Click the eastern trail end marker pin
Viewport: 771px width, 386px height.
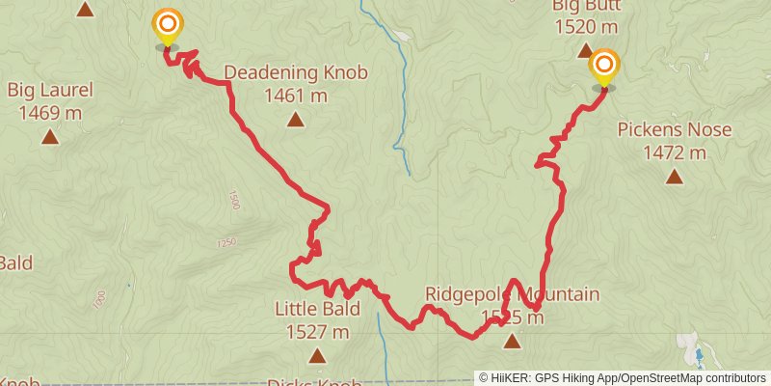tap(604, 68)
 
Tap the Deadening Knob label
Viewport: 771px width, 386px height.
tap(296, 72)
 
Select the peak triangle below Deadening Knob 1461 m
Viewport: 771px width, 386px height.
tap(295, 120)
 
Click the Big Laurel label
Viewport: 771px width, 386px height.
tap(50, 92)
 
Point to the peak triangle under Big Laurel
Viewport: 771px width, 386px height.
tap(50, 137)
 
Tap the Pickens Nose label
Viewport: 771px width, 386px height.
tap(675, 130)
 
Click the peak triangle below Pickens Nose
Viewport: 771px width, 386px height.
tap(675, 177)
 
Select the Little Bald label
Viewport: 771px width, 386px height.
tap(317, 310)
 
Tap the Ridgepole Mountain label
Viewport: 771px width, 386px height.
tap(512, 294)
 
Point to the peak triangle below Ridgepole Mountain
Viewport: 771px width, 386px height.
tap(512, 340)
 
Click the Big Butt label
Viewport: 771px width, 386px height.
tap(587, 6)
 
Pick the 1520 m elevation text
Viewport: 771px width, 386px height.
tap(587, 28)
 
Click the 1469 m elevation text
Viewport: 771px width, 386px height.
tap(50, 113)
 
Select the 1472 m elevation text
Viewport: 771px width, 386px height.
tap(675, 152)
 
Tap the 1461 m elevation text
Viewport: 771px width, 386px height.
tap(296, 96)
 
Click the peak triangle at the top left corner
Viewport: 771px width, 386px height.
tap(85, 10)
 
